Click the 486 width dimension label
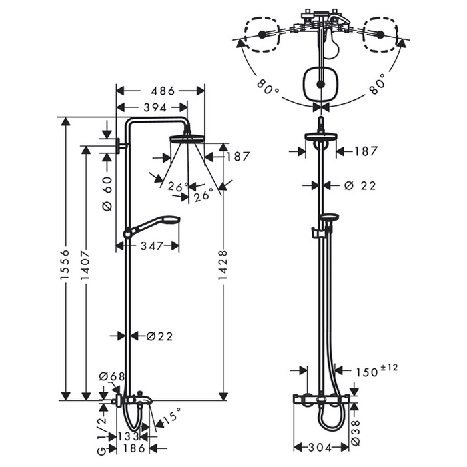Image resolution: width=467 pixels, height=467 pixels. (x=163, y=91)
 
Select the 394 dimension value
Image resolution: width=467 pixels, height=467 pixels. (x=155, y=107)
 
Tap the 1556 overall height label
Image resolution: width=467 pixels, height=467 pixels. (x=65, y=264)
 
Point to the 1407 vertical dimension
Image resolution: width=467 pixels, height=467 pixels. (x=85, y=265)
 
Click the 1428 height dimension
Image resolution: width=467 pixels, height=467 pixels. (x=223, y=265)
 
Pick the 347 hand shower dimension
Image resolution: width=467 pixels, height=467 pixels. (x=152, y=246)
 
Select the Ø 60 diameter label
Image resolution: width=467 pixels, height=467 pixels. (x=107, y=193)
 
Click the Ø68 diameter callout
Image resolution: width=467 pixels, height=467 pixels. (x=112, y=376)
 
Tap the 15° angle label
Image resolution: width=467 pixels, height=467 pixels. (x=172, y=414)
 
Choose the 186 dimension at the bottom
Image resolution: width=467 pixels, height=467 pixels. (x=133, y=448)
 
